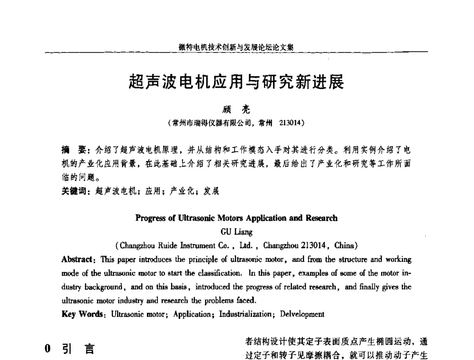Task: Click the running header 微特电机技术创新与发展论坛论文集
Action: pyautogui.click(x=237, y=47)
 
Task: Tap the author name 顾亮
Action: pyautogui.click(x=236, y=110)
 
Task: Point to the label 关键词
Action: pyautogui.click(x=75, y=192)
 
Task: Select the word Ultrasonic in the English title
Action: pyautogui.click(x=194, y=218)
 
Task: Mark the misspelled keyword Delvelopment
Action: pyautogui.click(x=302, y=314)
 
